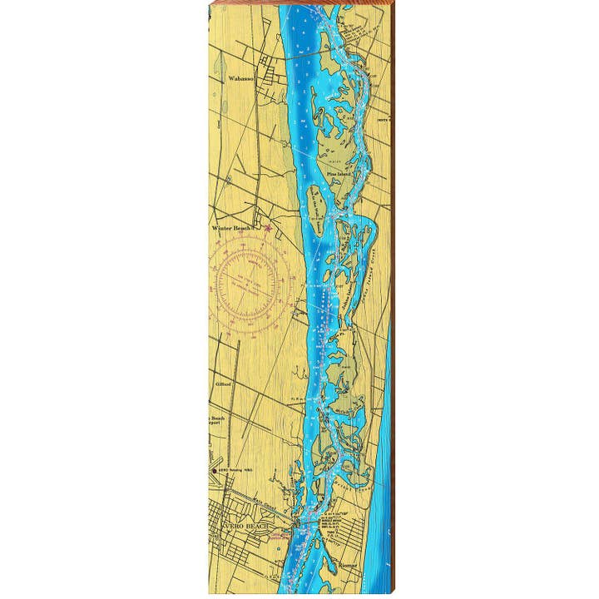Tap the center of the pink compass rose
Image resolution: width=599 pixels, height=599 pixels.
[x=250, y=281]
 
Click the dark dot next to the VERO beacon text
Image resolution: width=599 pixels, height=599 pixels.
[x=215, y=471]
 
